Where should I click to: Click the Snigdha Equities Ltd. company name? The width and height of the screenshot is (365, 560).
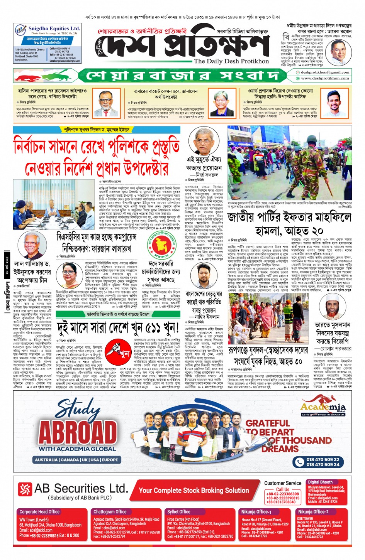[x=54, y=29]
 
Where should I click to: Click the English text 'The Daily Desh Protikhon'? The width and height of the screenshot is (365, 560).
[x=231, y=61]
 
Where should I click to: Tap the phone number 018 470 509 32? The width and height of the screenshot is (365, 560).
[x=323, y=459]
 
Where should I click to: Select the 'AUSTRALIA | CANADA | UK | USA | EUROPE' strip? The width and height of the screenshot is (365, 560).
[x=76, y=460]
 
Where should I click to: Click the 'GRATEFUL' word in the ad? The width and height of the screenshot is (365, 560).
[x=268, y=423]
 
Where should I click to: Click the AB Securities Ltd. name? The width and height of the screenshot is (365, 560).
[x=81, y=489]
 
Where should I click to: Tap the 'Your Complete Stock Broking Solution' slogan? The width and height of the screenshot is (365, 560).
[x=194, y=491]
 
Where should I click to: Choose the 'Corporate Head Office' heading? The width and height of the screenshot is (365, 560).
[x=39, y=512]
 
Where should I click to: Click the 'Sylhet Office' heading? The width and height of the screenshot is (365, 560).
[x=178, y=512]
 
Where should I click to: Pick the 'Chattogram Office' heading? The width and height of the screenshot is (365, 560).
[x=110, y=512]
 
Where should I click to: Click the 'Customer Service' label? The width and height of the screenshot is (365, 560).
[x=283, y=483]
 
